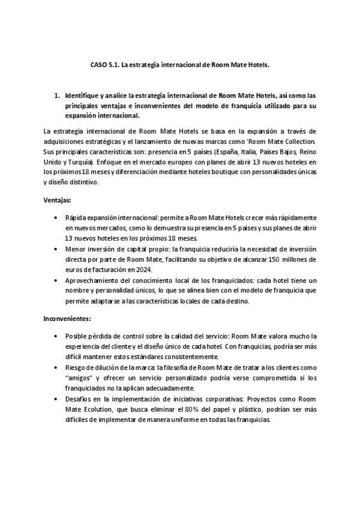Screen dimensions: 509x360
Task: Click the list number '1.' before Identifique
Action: [57, 95]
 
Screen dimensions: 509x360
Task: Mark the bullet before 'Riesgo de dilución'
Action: [56, 367]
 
